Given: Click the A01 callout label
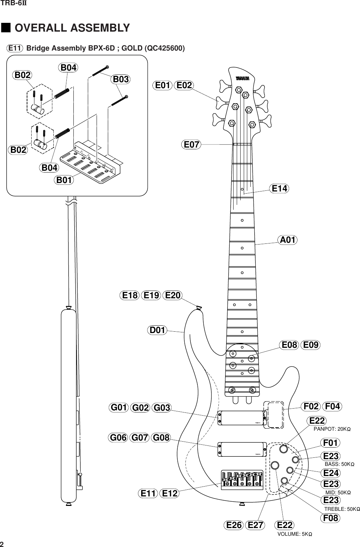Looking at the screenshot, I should (287, 240).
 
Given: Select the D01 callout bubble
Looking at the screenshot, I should (157, 330).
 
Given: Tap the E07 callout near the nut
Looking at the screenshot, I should (191, 144).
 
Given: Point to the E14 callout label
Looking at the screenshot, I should (280, 189).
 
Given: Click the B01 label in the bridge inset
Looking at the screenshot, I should (64, 180).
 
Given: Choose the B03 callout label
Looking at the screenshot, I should (120, 79).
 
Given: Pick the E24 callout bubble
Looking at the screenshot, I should (330, 472).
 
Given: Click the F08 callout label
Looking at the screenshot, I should (330, 518).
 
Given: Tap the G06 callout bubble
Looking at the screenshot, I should (118, 438).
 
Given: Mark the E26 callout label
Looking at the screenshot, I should (234, 525).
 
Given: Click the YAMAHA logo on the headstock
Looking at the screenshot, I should (242, 79).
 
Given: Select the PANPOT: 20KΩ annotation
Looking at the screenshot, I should (332, 429).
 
